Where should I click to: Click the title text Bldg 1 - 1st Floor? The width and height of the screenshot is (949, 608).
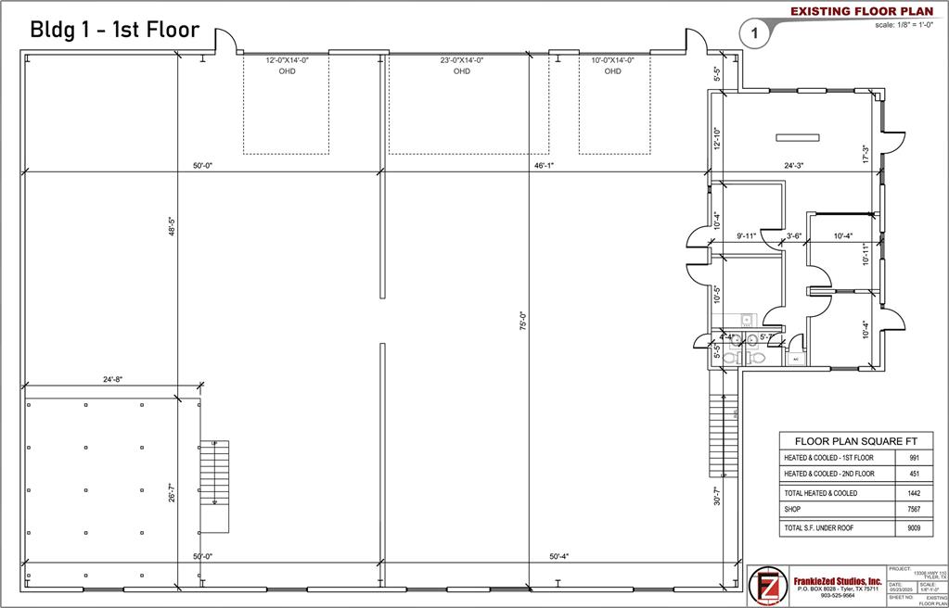[x=115, y=29]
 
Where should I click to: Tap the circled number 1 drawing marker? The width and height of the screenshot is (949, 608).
[x=754, y=34]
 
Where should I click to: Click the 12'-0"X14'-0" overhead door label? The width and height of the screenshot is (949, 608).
[x=287, y=65]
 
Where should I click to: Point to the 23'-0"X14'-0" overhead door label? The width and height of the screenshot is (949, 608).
[x=461, y=65]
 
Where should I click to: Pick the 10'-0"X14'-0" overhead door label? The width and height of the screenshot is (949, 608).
[x=612, y=65]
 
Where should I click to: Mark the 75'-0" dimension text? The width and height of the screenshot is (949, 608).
[x=522, y=322]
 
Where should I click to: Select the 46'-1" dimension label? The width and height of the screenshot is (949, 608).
[x=545, y=166]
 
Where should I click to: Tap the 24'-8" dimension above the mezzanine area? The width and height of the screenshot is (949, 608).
[x=114, y=380]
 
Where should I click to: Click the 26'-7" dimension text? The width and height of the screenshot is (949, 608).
[x=172, y=491]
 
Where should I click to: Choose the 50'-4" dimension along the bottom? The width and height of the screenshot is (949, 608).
[x=558, y=556]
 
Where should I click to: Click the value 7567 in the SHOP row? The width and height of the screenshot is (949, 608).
[x=913, y=509]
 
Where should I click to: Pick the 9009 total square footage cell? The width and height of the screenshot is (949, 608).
[x=913, y=527]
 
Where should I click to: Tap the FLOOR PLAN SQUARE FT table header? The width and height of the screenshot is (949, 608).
[x=850, y=441]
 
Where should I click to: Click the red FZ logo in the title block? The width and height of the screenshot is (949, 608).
[x=767, y=586]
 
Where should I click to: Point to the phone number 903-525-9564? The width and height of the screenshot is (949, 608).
[x=839, y=596]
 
